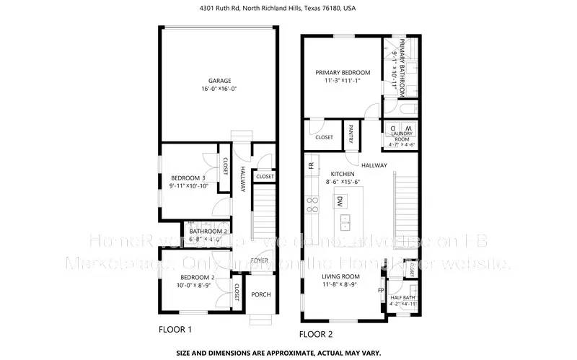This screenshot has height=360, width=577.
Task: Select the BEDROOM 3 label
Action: click(188, 178)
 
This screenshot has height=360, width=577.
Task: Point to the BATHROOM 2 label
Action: click(208, 231)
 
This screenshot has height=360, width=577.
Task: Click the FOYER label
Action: click(260, 260)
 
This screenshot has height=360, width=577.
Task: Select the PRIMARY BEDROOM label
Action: click(343, 73)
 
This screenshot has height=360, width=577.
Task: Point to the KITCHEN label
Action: click(343, 175)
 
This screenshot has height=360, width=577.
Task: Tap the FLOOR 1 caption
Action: click(175, 329)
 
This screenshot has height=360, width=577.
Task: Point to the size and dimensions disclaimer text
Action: click(288, 354)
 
